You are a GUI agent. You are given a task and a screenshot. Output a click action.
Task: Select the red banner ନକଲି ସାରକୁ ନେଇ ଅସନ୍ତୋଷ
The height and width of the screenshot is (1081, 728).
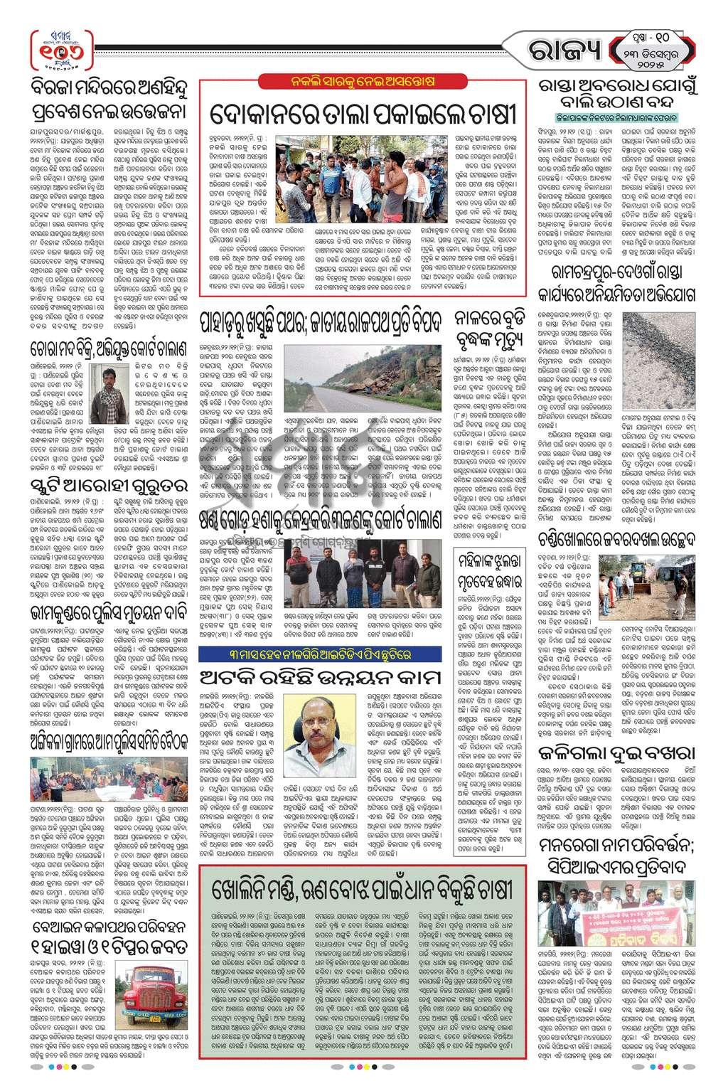click(x=363, y=82)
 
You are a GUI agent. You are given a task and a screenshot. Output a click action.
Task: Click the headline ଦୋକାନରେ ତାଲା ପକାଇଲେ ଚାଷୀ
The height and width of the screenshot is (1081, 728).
click(x=363, y=113)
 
